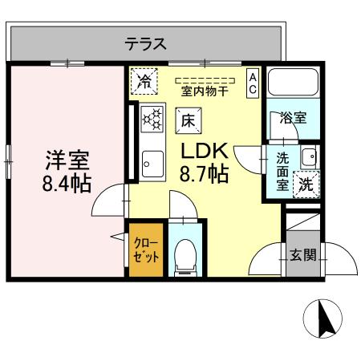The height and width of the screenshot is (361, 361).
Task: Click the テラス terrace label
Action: click(145, 44)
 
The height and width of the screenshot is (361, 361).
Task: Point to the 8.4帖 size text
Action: click(67, 183)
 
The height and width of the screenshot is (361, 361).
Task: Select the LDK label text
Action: click(205, 150)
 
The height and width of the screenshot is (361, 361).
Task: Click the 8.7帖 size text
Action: click(205, 172)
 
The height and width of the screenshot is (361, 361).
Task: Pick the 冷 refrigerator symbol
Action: click(144, 80)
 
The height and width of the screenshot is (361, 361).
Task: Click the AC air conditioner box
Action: click(252, 83)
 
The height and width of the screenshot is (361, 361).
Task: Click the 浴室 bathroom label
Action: click(294, 118)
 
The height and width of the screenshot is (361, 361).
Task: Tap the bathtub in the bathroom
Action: click(294, 83)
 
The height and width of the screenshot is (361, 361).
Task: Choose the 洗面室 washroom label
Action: click(283, 171)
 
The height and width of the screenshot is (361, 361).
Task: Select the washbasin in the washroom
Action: click(308, 156)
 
